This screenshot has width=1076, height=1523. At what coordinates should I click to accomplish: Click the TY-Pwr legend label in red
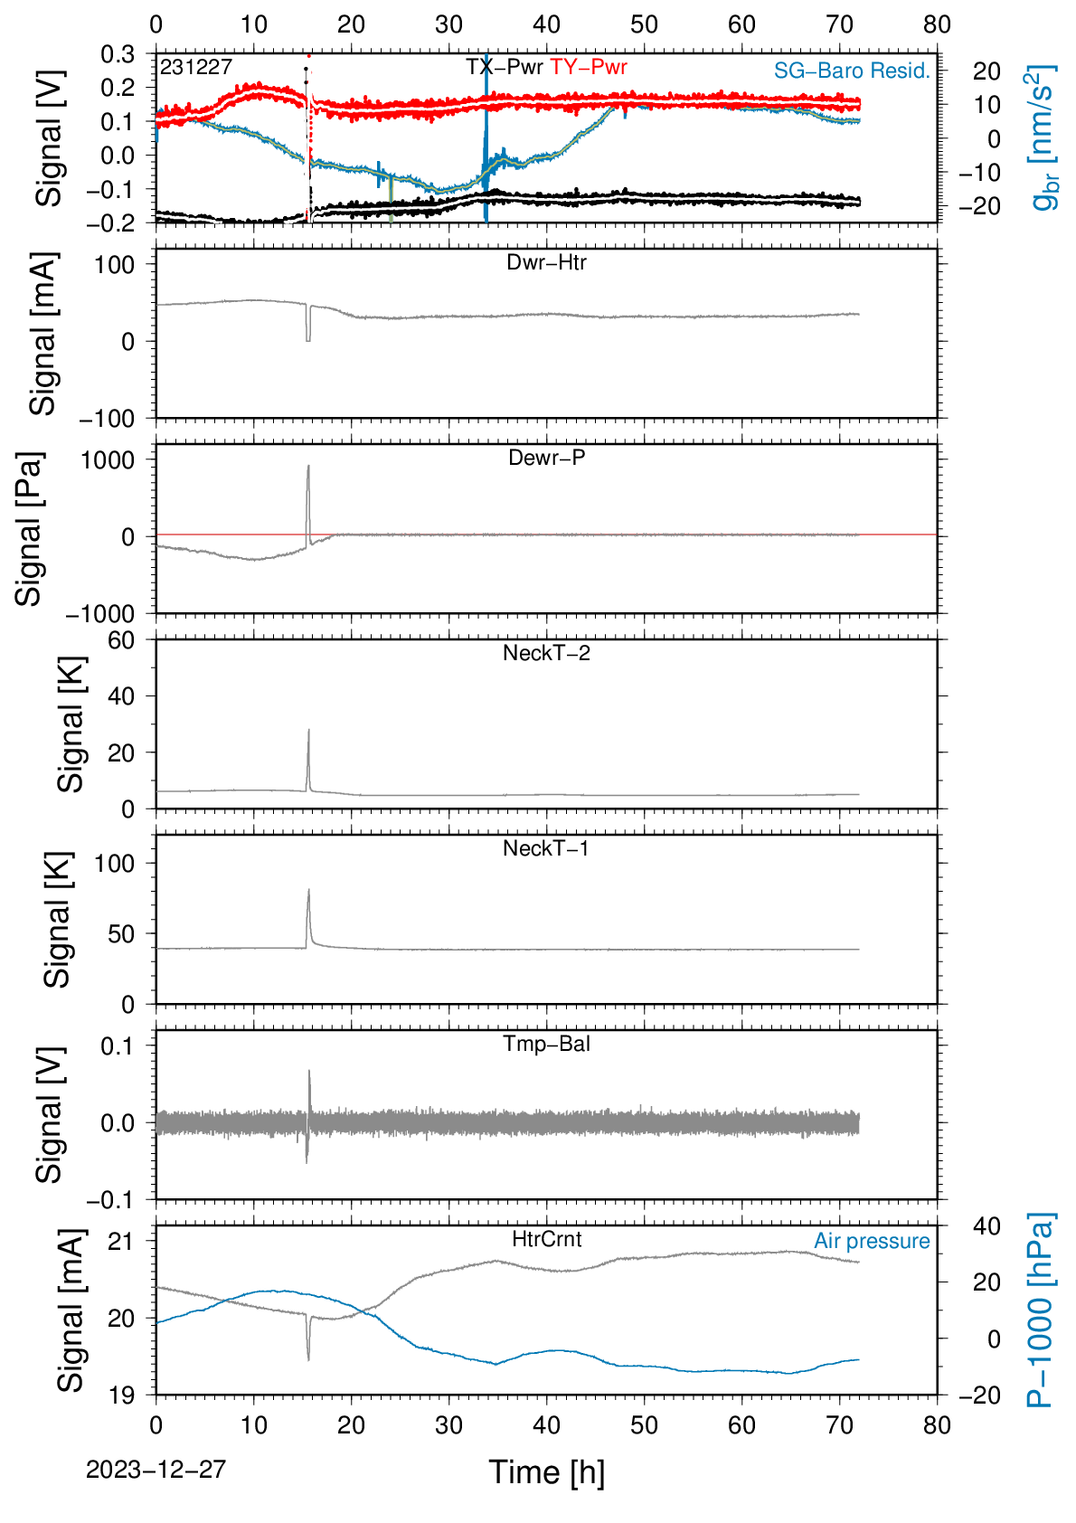(x=589, y=67)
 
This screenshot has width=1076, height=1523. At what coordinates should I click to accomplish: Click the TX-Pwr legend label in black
(x=504, y=67)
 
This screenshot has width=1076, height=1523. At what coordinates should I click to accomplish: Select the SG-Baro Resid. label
(x=852, y=71)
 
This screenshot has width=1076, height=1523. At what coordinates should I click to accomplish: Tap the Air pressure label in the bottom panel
(x=872, y=1241)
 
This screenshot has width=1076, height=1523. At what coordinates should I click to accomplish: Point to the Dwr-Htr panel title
(x=546, y=262)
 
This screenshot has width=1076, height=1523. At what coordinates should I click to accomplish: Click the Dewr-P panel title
(x=546, y=458)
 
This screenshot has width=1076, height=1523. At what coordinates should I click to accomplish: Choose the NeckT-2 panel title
(x=546, y=653)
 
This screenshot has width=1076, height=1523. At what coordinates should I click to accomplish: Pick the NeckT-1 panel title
(x=546, y=847)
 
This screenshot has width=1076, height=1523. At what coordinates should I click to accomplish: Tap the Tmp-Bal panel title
(x=546, y=1043)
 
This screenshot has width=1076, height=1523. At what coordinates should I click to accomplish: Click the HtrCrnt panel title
(x=546, y=1239)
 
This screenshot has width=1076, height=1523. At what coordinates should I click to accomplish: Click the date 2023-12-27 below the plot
(x=156, y=1470)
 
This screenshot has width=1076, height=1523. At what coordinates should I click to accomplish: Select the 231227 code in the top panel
(x=196, y=67)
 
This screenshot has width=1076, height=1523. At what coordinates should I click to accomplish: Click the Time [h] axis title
(x=546, y=1472)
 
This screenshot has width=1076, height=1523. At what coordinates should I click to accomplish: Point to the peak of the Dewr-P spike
(x=308, y=466)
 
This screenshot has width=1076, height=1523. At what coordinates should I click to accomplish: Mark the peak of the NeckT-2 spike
(x=308, y=730)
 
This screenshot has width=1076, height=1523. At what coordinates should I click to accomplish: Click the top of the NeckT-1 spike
(x=308, y=890)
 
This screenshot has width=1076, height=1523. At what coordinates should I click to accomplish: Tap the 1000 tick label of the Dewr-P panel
(x=108, y=460)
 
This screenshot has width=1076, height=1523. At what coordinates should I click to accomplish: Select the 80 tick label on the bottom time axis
(x=937, y=1424)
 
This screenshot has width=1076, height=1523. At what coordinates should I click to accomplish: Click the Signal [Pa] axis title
(x=29, y=528)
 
